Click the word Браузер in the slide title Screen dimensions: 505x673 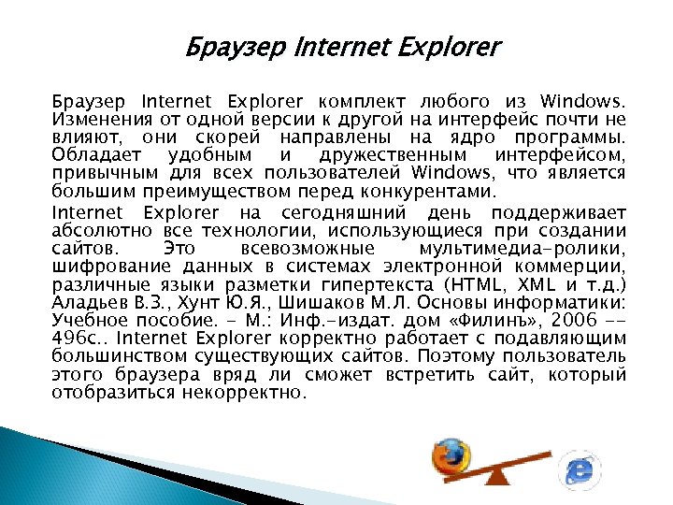[x=221, y=46]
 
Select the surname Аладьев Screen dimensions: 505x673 [x=92, y=302]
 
